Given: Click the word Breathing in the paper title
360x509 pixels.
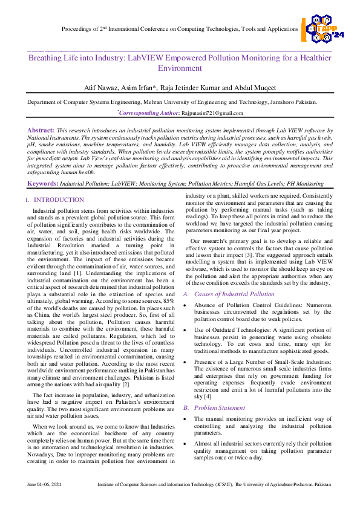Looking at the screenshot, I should [48, 59].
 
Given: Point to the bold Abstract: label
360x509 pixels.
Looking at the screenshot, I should [41, 131].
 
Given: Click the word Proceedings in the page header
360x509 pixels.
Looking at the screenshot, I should [79, 28].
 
